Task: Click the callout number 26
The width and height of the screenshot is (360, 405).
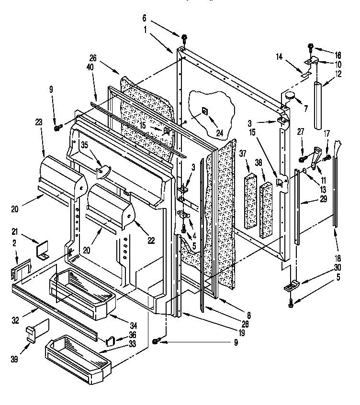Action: pyautogui.click(x=92, y=59)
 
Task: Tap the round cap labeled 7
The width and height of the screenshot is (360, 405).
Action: pyautogui.click(x=291, y=97)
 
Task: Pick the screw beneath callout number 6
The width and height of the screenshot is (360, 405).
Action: pyautogui.click(x=184, y=38)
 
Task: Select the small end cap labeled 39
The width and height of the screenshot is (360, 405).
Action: pyautogui.click(x=32, y=332)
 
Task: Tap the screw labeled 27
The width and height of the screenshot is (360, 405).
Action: pyautogui.click(x=303, y=159)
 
